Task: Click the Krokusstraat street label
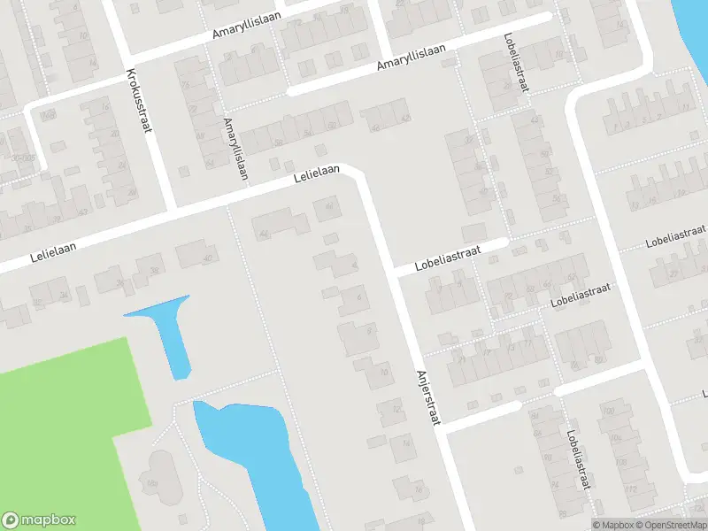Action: point(140,99)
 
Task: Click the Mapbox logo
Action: point(39,520)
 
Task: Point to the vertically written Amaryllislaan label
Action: point(235,149)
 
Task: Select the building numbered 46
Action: point(329,209)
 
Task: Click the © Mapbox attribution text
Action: point(613,525)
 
